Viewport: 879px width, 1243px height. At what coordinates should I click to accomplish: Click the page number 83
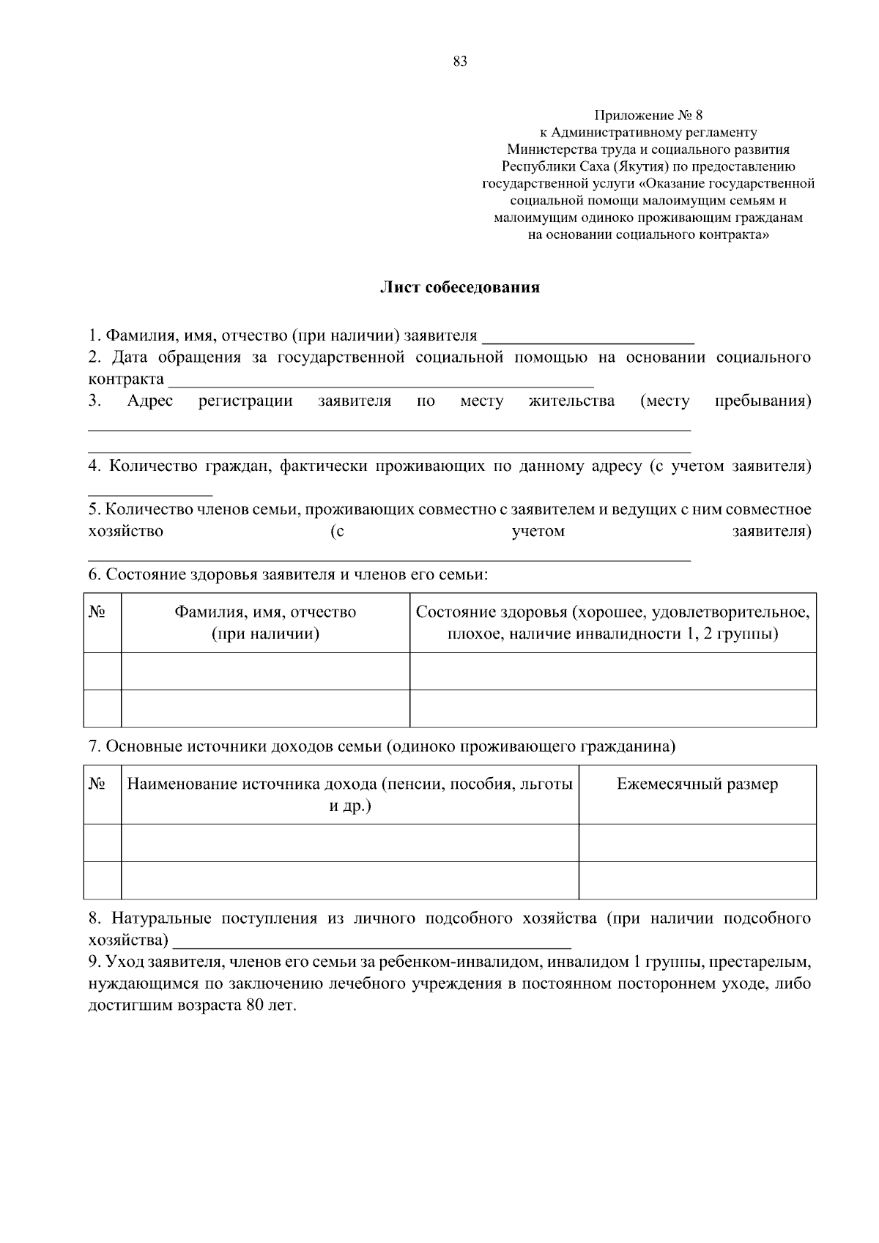tap(460, 62)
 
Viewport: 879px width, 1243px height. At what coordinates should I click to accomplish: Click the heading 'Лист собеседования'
tap(459, 287)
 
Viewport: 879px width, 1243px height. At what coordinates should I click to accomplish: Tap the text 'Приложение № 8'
tap(648, 115)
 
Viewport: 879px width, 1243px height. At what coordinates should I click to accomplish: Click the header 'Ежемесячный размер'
tap(697, 784)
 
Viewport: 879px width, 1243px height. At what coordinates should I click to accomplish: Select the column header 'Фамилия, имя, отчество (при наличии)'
tap(265, 623)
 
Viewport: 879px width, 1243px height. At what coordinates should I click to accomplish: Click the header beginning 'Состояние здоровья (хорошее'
tap(612, 623)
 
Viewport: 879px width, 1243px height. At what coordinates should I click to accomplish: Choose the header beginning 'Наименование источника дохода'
tap(349, 795)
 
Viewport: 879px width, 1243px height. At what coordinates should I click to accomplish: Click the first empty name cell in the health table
tap(265, 670)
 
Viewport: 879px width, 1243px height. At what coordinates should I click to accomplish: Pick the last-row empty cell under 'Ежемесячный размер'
tap(697, 880)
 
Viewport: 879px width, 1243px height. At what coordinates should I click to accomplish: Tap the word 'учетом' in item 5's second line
tap(538, 531)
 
